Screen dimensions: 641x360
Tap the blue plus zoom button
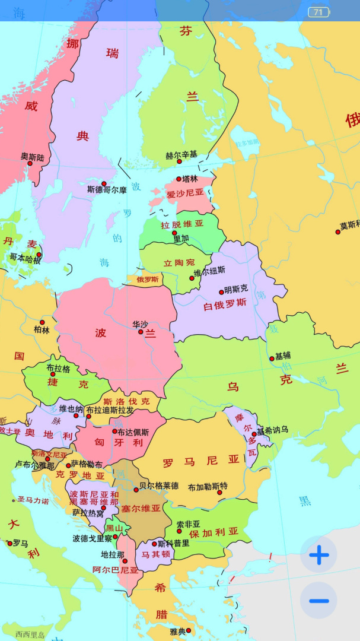pyautogui.click(x=318, y=555)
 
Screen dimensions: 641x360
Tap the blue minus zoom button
pyautogui.click(x=318, y=601)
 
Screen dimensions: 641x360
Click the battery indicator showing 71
pyautogui.click(x=318, y=12)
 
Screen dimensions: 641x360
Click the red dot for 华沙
pyautogui.click(x=141, y=332)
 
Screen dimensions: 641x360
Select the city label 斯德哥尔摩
pyautogui.click(x=107, y=191)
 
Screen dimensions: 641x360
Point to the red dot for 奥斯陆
pyautogui.click(x=30, y=163)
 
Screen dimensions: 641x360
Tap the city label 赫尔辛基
pyautogui.click(x=181, y=155)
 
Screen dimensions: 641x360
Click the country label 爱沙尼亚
pyautogui.click(x=185, y=193)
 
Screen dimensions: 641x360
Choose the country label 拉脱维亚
pyautogui.click(x=182, y=224)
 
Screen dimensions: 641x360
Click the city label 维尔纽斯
pyautogui.click(x=210, y=270)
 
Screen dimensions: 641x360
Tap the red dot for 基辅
pyautogui.click(x=272, y=358)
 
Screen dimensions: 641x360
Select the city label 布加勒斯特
pyautogui.click(x=208, y=487)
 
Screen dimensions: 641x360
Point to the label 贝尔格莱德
pyautogui.click(x=158, y=485)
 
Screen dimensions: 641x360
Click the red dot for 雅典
pyautogui.click(x=189, y=630)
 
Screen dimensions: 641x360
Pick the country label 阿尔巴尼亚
pyautogui.click(x=115, y=570)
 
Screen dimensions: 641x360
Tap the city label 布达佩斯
pyautogui.click(x=133, y=432)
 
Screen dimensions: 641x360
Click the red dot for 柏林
pyautogui.click(x=42, y=322)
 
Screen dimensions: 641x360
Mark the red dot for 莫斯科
pyautogui.click(x=338, y=232)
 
